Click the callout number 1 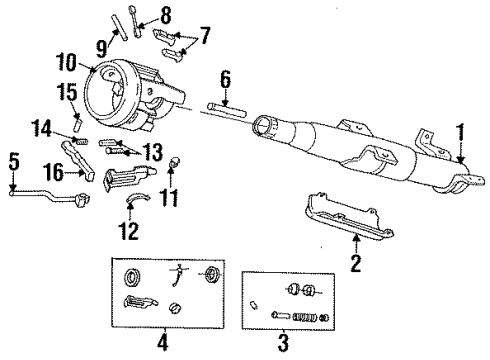(x=461, y=159)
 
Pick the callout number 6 (x=225, y=77)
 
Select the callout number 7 (x=206, y=38)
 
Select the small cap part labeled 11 (x=176, y=160)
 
